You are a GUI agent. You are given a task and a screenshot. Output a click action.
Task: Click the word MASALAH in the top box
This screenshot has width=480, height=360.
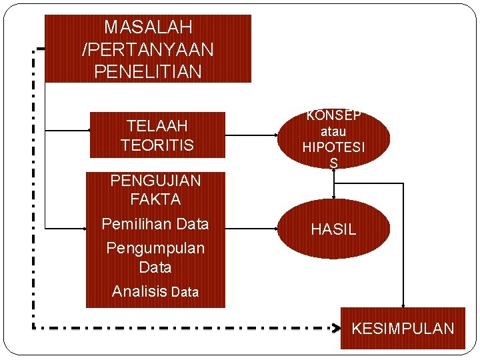point(148,27)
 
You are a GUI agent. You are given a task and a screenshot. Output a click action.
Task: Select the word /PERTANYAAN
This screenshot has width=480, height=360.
point(148,49)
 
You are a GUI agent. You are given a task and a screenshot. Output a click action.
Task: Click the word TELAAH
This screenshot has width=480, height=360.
point(157,125)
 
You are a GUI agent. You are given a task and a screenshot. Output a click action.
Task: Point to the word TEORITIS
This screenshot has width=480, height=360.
point(157,145)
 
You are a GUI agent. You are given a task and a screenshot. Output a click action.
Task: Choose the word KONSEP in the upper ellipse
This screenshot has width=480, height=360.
point(333,115)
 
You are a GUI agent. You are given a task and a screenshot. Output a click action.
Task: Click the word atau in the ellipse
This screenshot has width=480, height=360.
point(333,131)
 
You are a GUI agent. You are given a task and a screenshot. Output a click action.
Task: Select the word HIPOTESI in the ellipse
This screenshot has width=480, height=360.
point(333,147)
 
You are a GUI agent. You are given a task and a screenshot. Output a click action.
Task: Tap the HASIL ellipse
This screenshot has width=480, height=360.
point(333,229)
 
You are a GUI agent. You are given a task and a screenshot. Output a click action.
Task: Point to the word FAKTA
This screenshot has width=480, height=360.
point(155,199)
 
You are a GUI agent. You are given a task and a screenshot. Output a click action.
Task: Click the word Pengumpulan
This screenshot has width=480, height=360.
point(155,248)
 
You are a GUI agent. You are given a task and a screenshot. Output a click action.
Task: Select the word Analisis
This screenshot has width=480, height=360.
point(139,291)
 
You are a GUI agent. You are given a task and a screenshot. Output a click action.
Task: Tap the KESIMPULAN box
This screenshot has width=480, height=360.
point(403,328)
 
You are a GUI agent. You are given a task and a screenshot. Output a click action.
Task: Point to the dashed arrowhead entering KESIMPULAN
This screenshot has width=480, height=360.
point(336,328)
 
